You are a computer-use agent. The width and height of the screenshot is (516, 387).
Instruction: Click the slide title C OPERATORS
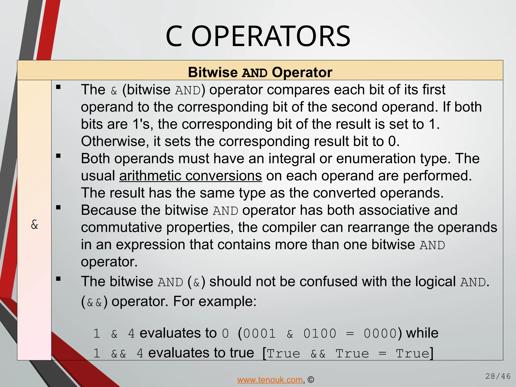point(258,37)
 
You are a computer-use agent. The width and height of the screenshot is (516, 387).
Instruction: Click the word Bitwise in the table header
point(213,73)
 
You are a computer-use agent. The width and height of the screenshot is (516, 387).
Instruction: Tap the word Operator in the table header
point(302,73)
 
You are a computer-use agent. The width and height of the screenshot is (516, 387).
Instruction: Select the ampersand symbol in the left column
point(35,224)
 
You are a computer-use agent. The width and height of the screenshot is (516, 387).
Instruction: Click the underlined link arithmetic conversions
point(190,176)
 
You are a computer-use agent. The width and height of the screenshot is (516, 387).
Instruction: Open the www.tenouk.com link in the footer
point(270,380)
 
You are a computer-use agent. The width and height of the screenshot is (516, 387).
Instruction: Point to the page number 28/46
point(498,376)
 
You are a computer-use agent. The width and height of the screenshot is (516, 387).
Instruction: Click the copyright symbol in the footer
point(311,380)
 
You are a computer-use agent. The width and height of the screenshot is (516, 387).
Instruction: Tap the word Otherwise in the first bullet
point(113,141)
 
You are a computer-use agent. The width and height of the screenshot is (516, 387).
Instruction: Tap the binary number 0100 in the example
point(320,334)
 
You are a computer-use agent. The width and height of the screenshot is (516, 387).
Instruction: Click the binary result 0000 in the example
point(380,334)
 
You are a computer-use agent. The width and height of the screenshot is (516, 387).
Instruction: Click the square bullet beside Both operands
point(58,156)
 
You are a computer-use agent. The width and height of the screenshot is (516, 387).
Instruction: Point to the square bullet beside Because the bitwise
point(58,208)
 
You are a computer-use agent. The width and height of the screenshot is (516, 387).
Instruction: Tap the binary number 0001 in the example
point(260,334)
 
